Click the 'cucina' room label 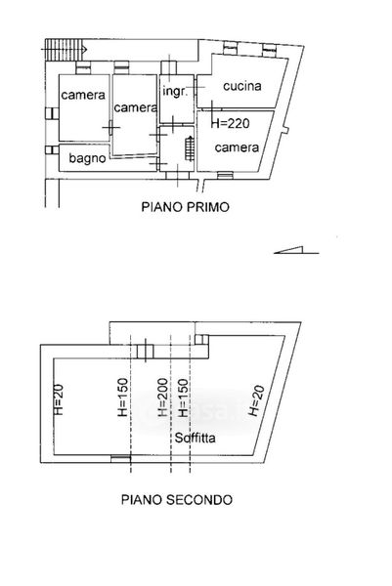click(x=242, y=86)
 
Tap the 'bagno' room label click(x=87, y=158)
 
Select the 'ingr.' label click(x=174, y=91)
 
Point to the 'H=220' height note click(x=231, y=123)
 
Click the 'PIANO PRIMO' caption click(x=185, y=207)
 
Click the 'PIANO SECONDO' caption click(x=177, y=499)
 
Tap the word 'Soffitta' click(x=195, y=438)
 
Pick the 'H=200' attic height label click(x=162, y=397)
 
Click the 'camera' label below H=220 click(x=237, y=147)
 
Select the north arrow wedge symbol click(x=296, y=250)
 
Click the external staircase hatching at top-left click(x=64, y=50)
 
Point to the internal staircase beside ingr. click(x=190, y=148)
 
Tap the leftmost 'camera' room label click(x=83, y=95)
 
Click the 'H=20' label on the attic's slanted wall click(x=256, y=400)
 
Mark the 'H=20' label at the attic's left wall click(x=60, y=399)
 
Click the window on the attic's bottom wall click(x=120, y=458)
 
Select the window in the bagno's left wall click(x=52, y=149)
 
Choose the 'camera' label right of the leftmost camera click(x=136, y=107)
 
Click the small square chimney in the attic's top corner click(x=201, y=339)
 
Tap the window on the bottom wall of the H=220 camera click(x=225, y=175)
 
